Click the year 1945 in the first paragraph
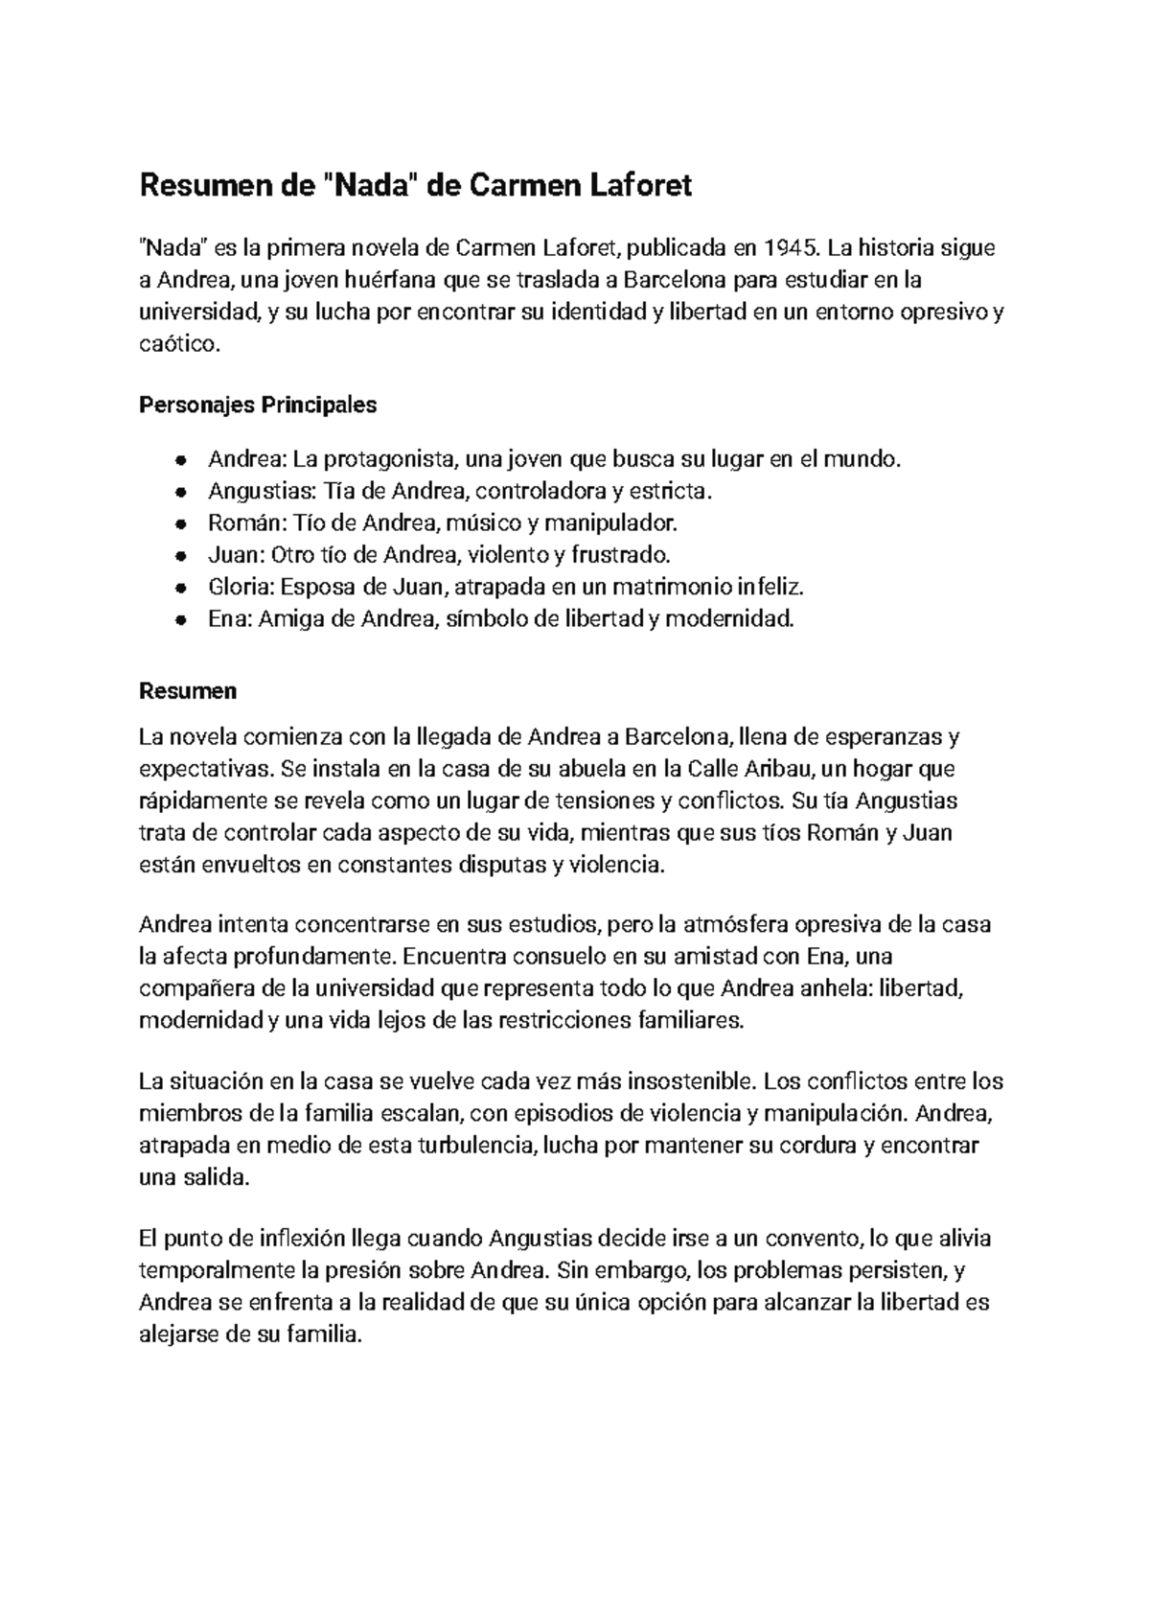(792, 249)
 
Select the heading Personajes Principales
(258, 405)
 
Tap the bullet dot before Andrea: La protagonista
(179, 460)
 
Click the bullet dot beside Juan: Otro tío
(179, 555)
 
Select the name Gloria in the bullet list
(233, 587)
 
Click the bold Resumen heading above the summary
(188, 691)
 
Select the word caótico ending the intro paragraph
(179, 344)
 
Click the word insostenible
(692, 1081)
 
